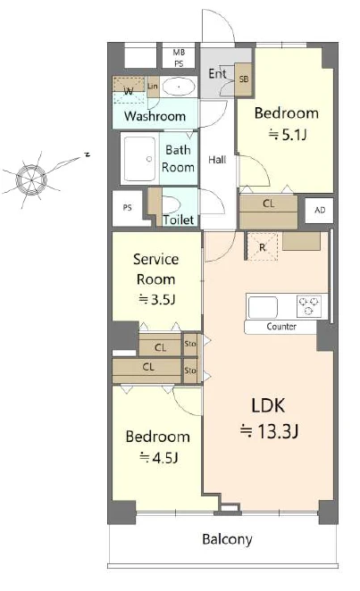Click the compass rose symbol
pos(32,179)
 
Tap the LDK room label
pos(268,405)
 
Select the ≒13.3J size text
pos(269,431)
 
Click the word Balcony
pos(227,539)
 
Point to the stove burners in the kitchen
pos(309,305)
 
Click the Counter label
pos(281,327)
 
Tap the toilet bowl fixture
pos(171,205)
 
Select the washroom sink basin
pos(179,87)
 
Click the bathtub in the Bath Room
pos(140,159)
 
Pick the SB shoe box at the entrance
pos(244,79)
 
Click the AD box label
pos(320,210)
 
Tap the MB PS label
pos(179,58)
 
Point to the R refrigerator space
pos(262,247)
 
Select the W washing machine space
pos(129,90)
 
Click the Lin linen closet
pos(152,87)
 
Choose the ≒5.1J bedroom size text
pos(287,134)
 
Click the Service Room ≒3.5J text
pos(156,279)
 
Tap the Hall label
pos(217,160)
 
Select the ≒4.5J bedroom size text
pos(158,457)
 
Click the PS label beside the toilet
pos(128,207)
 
